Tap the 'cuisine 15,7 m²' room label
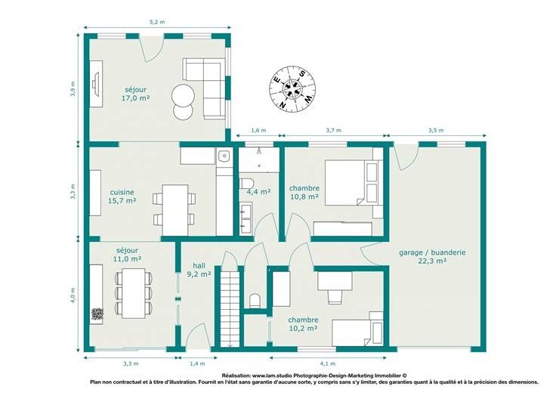click(x=122, y=196)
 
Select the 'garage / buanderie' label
click(x=432, y=252)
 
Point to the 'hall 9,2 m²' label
click(x=199, y=270)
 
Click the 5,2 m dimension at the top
click(x=157, y=22)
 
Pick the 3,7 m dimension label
click(x=334, y=130)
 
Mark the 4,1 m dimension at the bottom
click(x=328, y=364)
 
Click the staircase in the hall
click(x=230, y=308)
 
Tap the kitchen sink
click(x=224, y=156)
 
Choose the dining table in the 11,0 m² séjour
click(x=133, y=293)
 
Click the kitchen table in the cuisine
click(x=175, y=210)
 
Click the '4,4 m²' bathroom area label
click(x=258, y=192)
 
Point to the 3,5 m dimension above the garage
click(x=436, y=130)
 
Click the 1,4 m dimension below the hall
click(x=197, y=364)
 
